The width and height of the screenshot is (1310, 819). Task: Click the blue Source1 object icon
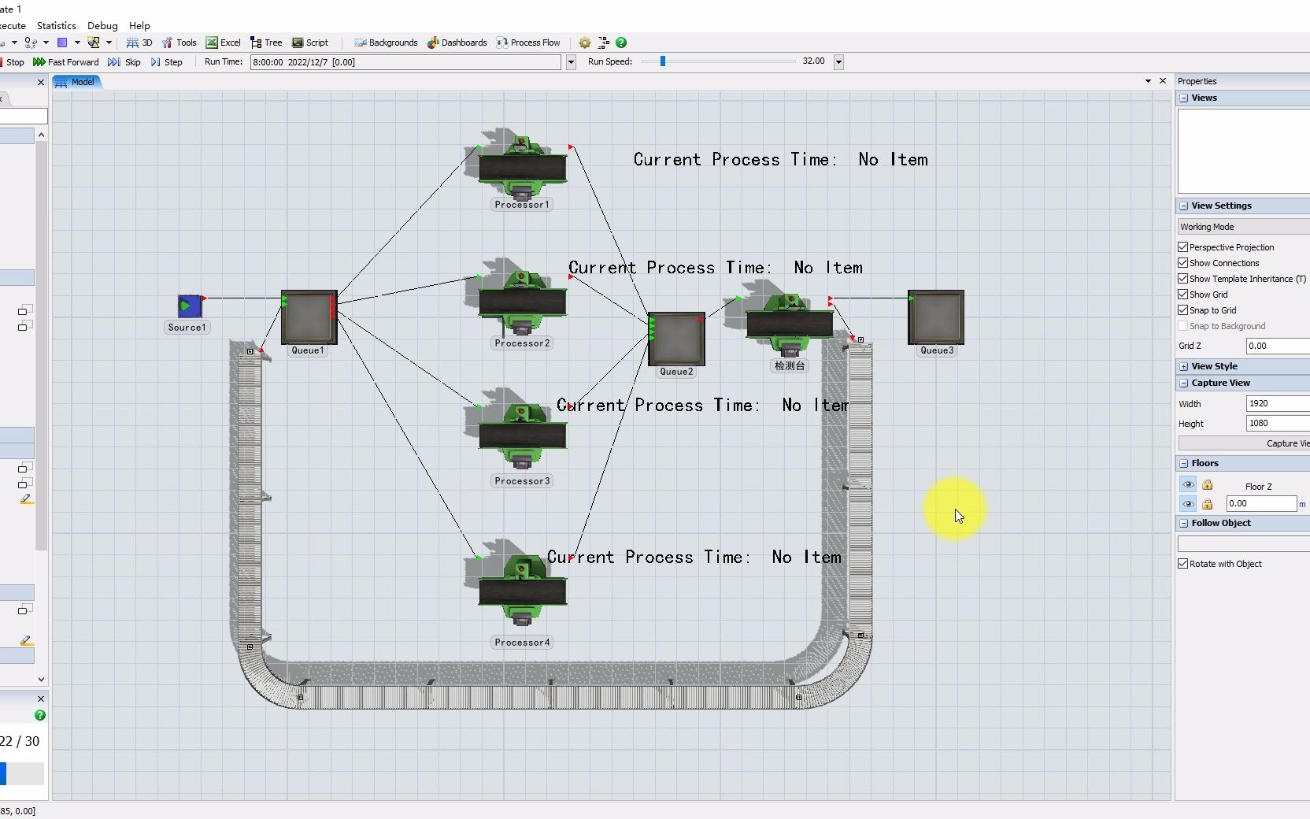coord(190,306)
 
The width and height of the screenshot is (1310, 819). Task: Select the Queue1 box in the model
coord(309,317)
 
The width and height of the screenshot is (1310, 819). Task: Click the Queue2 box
coord(676,339)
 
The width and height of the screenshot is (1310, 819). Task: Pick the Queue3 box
coord(936,317)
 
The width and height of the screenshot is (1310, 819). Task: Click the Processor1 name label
coord(522,205)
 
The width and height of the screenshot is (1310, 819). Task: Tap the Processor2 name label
coord(522,343)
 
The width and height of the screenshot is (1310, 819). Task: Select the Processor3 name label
coord(522,481)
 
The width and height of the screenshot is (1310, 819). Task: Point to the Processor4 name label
coord(522,643)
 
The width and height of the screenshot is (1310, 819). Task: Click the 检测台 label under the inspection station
coord(790,366)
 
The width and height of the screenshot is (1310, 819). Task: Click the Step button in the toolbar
coord(167,62)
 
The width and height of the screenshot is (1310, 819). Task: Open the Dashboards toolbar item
coord(457,43)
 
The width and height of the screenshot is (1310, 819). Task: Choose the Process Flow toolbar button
coord(528,43)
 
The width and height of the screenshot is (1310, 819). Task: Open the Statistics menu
coord(57,26)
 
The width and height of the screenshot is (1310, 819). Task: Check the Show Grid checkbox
coord(1182,295)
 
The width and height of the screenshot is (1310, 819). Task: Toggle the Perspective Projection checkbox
coord(1182,247)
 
